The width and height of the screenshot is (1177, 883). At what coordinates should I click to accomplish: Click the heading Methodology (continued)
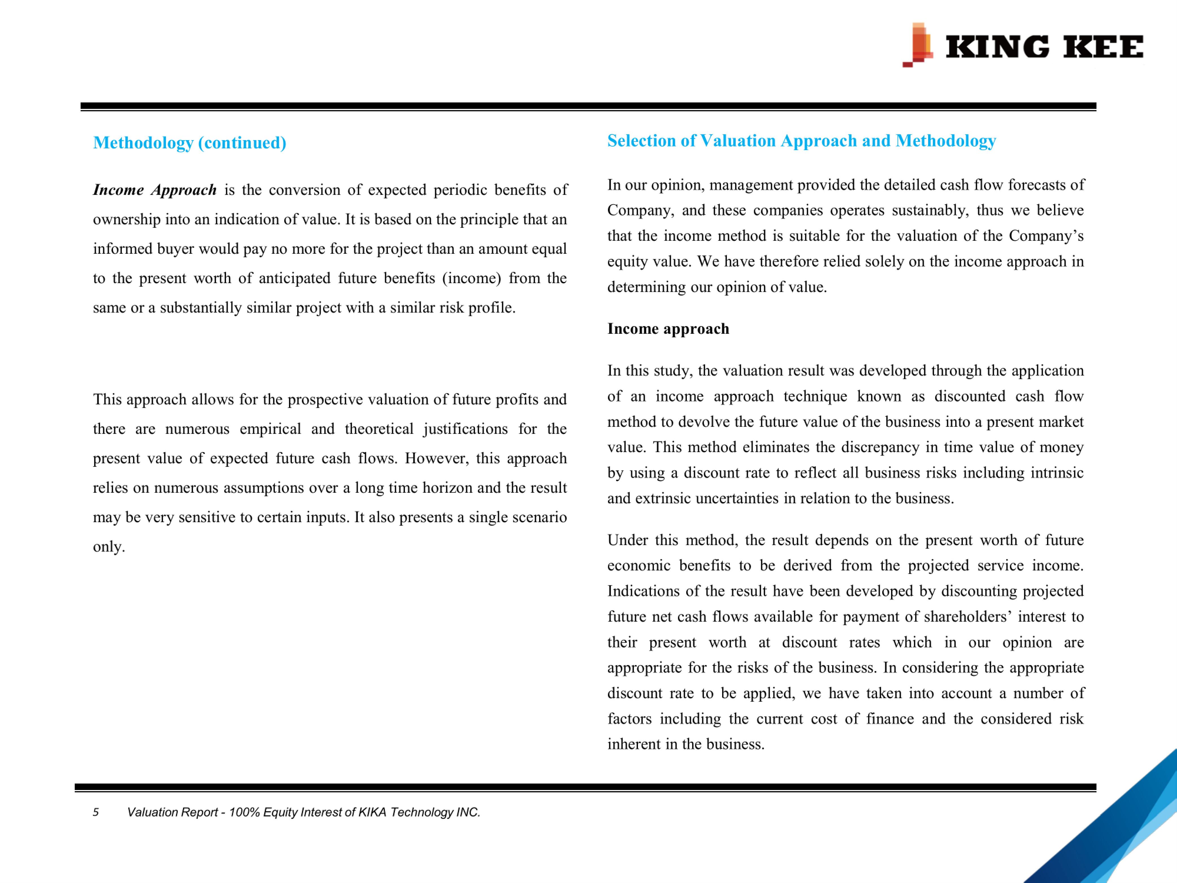pyautogui.click(x=189, y=143)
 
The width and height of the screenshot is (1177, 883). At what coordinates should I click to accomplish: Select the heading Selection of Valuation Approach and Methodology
pyautogui.click(x=801, y=140)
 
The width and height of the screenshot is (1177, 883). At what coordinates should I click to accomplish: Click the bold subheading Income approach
pyautogui.click(x=668, y=329)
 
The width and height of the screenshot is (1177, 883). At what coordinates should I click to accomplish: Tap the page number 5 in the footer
pyautogui.click(x=96, y=812)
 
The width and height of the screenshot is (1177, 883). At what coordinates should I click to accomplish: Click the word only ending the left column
pyautogui.click(x=108, y=547)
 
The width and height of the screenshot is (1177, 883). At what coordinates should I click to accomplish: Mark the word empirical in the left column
pyautogui.click(x=270, y=429)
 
